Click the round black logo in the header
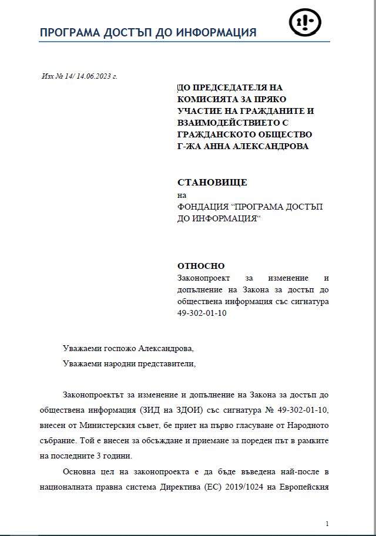(304, 22)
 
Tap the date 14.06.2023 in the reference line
(93, 76)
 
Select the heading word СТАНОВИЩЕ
(212, 182)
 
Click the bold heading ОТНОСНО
(201, 266)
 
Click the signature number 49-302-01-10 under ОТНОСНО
(202, 313)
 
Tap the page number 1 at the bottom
(327, 523)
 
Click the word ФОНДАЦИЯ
(203, 207)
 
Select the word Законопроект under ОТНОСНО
(204, 278)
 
